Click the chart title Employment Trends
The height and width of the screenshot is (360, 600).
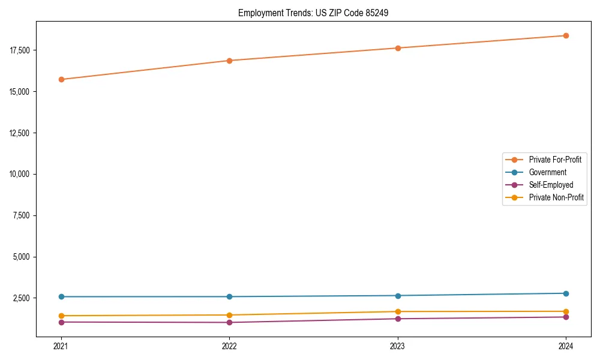pyautogui.click(x=313, y=13)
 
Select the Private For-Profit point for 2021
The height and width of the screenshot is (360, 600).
pyautogui.click(x=61, y=79)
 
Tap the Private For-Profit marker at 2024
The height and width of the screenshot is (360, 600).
pyautogui.click(x=566, y=35)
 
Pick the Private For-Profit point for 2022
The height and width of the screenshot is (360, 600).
pyautogui.click(x=229, y=61)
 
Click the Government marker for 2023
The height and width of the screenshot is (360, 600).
pyautogui.click(x=398, y=295)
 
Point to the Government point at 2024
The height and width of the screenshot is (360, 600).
pyautogui.click(x=566, y=293)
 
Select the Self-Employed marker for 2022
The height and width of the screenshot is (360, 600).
pyautogui.click(x=229, y=322)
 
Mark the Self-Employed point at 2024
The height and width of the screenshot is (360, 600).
pyautogui.click(x=566, y=317)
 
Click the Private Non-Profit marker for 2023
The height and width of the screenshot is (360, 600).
pyautogui.click(x=398, y=311)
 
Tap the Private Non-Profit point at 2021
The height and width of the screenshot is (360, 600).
pyautogui.click(x=61, y=316)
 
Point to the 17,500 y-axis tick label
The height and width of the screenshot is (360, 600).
pyautogui.click(x=22, y=50)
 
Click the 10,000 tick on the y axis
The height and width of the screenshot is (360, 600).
pyautogui.click(x=22, y=174)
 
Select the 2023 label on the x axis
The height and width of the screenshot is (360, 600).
pyautogui.click(x=398, y=346)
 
